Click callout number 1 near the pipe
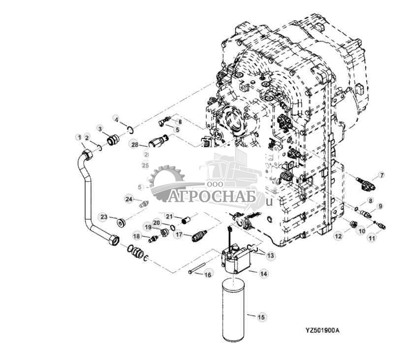coord(77,136)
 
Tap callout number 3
coord(100,129)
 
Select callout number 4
coord(116,120)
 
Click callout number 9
coord(380,205)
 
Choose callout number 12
coord(338,236)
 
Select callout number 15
coord(261,317)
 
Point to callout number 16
coord(207,274)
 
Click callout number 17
coord(179,235)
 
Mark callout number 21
coord(168,216)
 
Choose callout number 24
coord(128,199)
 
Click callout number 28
coord(133,144)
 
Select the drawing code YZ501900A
coord(315,330)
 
